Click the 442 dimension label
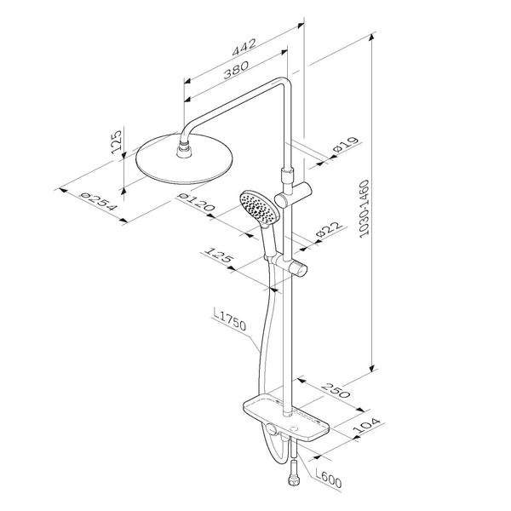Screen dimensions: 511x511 click(244, 48)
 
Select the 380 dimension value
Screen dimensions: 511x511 click(236, 70)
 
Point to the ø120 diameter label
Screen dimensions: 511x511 click(196, 202)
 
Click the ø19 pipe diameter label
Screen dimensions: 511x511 click(346, 145)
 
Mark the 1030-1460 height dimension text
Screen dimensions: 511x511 click(365, 209)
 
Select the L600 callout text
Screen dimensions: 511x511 click(328, 479)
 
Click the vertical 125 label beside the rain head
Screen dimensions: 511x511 click(117, 142)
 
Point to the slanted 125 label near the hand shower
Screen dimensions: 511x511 click(219, 255)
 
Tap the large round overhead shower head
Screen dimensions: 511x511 click(184, 159)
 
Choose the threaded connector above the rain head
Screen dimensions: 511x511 click(186, 149)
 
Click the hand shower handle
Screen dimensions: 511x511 click(269, 242)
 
